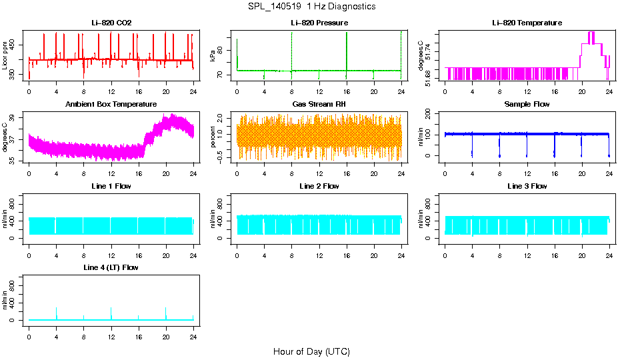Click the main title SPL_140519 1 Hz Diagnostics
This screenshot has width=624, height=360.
311,7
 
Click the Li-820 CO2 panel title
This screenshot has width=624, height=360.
111,23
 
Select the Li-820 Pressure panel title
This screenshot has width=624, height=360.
319,23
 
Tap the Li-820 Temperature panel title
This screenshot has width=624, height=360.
527,23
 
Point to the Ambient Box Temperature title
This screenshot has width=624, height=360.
111,105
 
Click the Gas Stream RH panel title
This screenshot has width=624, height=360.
319,105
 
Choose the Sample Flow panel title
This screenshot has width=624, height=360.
527,105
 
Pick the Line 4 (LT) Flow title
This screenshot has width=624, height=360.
111,267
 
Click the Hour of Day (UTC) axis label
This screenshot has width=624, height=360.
311,351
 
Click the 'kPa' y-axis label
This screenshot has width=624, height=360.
213,56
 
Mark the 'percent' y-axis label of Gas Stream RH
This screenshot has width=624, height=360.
213,137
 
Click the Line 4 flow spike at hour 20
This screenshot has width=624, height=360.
166,312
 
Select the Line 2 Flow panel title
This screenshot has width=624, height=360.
319,186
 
